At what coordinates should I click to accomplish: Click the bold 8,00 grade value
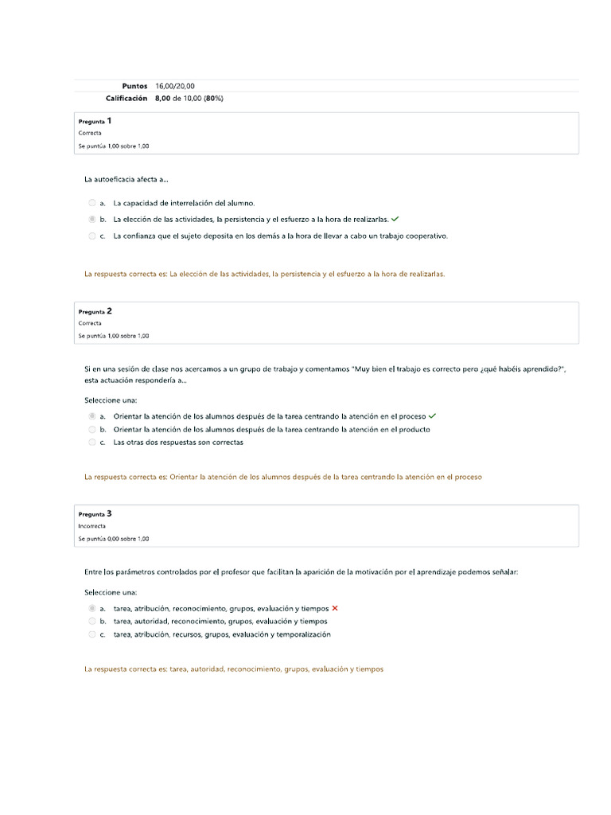click(162, 99)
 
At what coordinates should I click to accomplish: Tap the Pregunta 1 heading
click(95, 121)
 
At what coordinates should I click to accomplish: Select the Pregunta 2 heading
click(95, 311)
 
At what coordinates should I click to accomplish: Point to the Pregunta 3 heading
click(95, 514)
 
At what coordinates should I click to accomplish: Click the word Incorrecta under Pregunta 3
click(91, 526)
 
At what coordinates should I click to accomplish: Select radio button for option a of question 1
click(92, 203)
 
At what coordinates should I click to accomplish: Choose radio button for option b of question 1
click(92, 219)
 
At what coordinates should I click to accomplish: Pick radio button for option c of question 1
click(92, 236)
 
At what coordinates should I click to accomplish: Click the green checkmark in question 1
click(395, 219)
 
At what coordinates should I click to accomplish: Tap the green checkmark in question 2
click(432, 415)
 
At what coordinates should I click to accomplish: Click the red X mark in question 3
click(335, 609)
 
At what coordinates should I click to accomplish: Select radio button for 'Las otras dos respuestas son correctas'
click(92, 442)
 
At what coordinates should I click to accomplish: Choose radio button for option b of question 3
click(92, 621)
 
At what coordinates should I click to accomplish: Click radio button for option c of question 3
click(92, 634)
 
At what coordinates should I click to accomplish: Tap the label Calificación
click(126, 99)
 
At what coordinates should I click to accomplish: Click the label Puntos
click(134, 86)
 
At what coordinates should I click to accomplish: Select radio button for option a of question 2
click(92, 415)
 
